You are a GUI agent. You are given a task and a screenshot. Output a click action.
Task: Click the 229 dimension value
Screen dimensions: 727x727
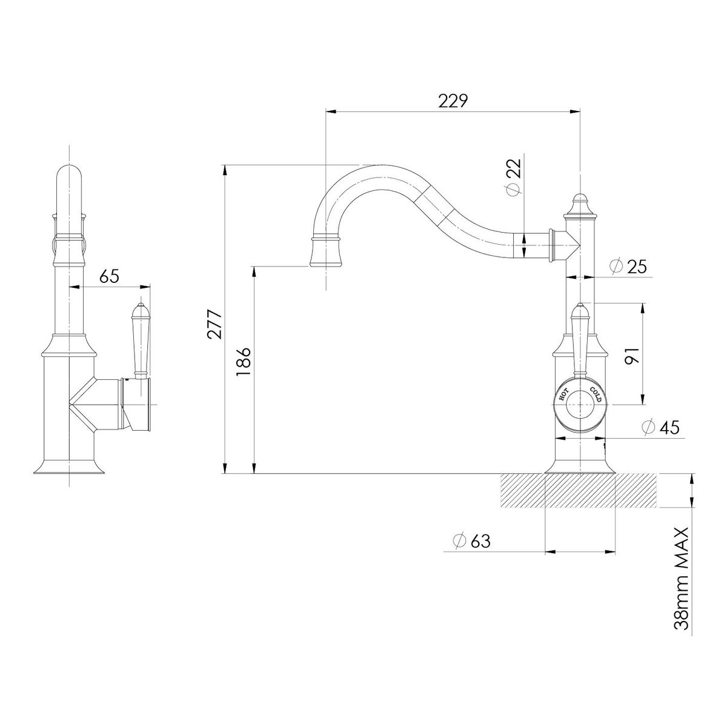(x=453, y=101)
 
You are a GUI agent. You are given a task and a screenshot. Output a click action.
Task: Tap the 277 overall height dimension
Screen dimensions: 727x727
(x=216, y=324)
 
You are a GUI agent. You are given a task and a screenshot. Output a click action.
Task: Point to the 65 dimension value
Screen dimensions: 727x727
(x=110, y=276)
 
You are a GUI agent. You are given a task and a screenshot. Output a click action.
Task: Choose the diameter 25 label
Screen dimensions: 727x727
(x=628, y=267)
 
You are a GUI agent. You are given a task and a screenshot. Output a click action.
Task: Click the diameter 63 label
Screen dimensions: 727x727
(x=472, y=541)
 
